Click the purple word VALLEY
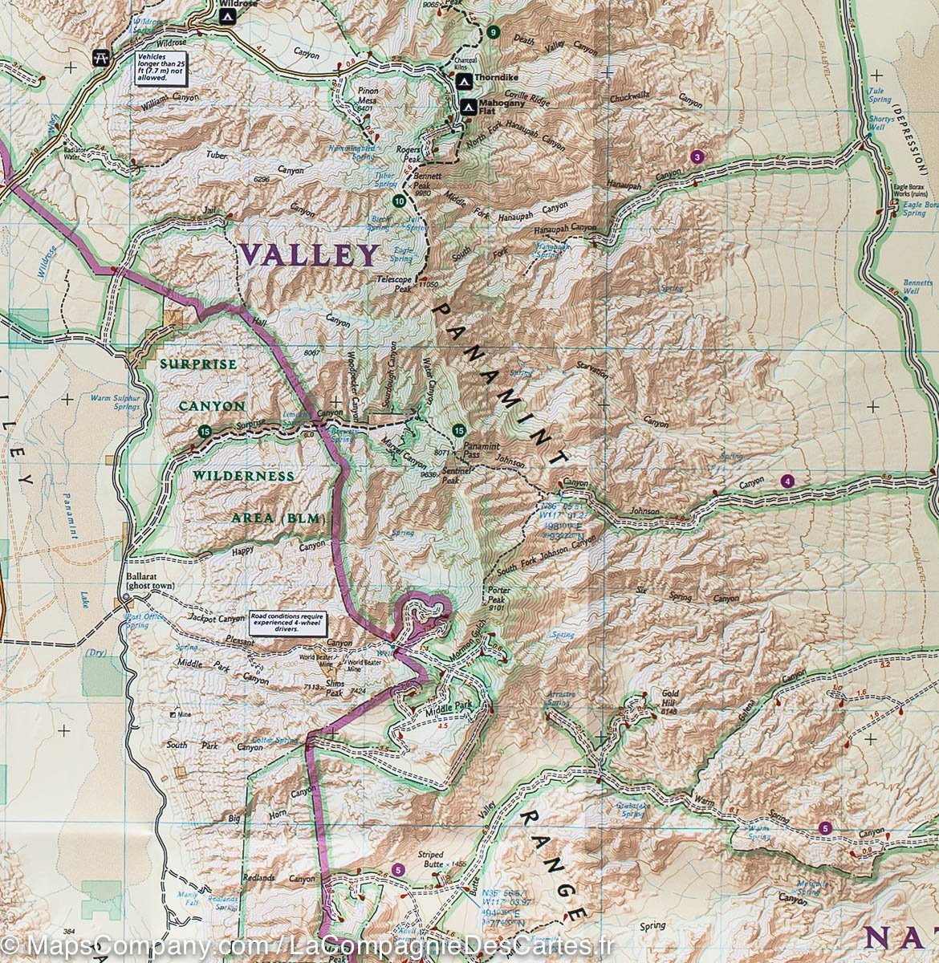point(308,255)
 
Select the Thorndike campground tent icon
point(463,82)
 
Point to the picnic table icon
point(100,57)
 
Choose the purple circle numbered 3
point(697,157)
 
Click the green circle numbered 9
point(492,33)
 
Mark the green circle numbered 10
point(399,200)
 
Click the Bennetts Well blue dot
point(905,298)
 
